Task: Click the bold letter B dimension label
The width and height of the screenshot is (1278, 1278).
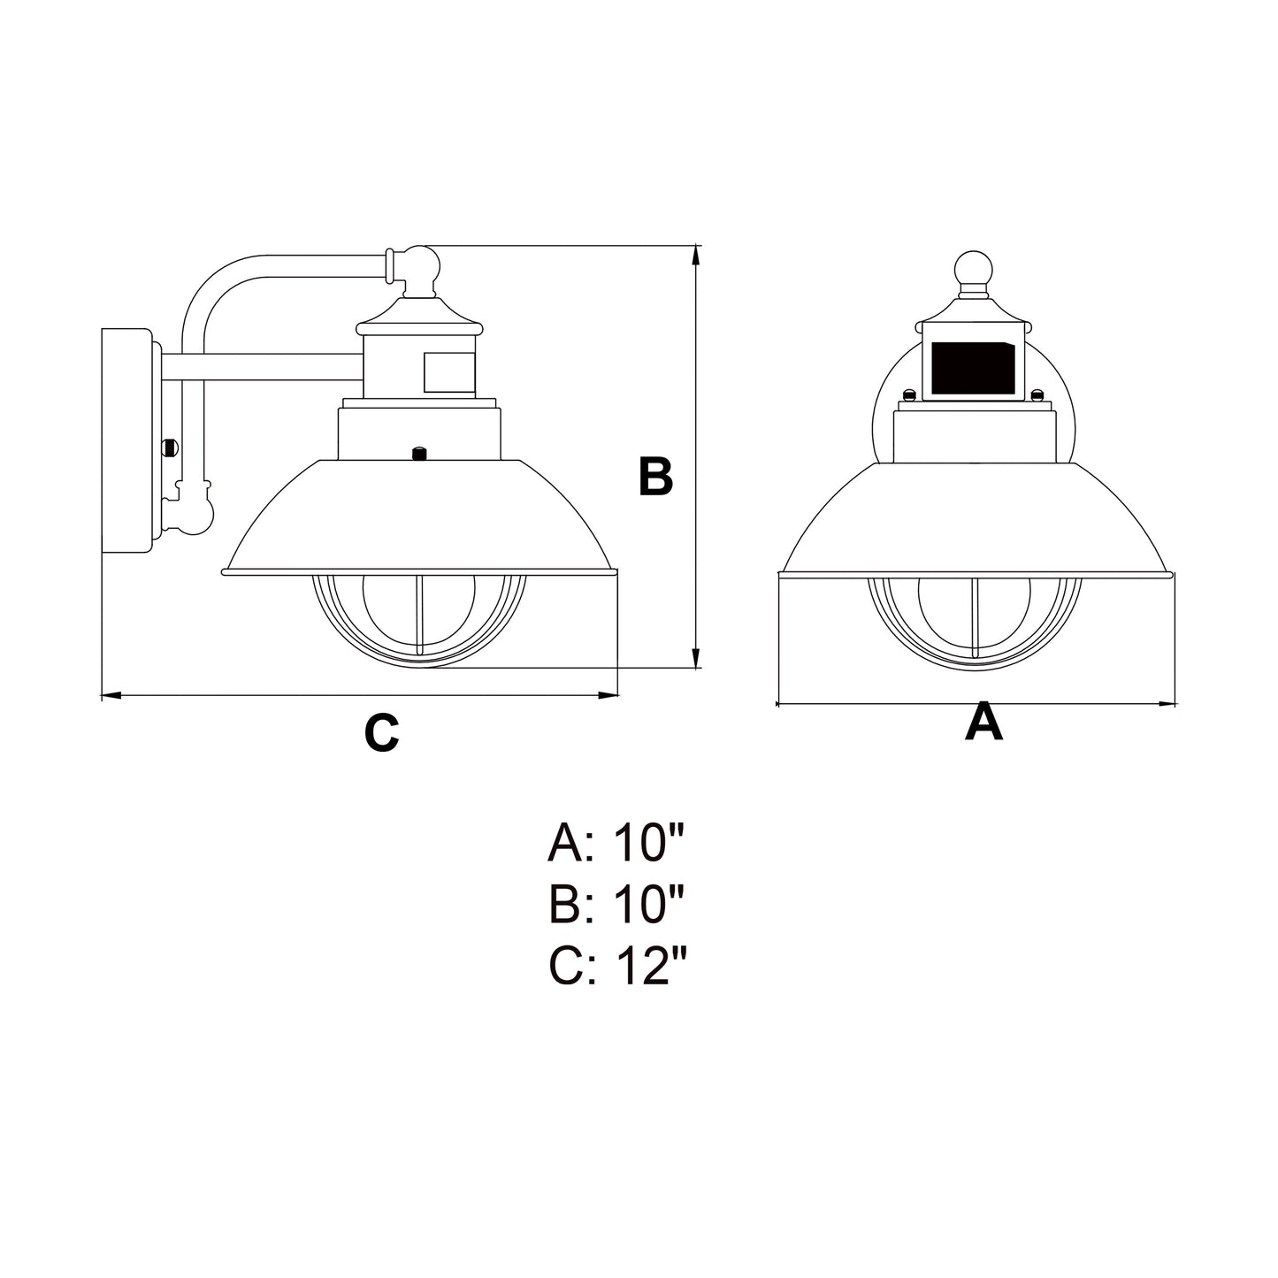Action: pos(655,476)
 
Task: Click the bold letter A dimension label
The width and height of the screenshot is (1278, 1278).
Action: pos(983,723)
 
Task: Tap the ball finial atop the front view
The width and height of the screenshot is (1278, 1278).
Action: pos(974,269)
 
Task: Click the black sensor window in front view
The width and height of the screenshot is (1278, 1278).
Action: pos(974,368)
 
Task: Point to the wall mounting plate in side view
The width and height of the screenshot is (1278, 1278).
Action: pos(126,441)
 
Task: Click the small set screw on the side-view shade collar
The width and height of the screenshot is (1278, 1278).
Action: pos(418,454)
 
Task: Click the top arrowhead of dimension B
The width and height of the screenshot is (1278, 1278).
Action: pos(696,256)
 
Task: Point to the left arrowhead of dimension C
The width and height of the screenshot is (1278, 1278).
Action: pos(111,696)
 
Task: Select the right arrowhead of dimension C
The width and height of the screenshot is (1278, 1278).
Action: pos(608,696)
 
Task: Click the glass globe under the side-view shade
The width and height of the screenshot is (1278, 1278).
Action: pos(419,619)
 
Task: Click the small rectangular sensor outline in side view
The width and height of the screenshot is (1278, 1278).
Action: pos(449,371)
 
